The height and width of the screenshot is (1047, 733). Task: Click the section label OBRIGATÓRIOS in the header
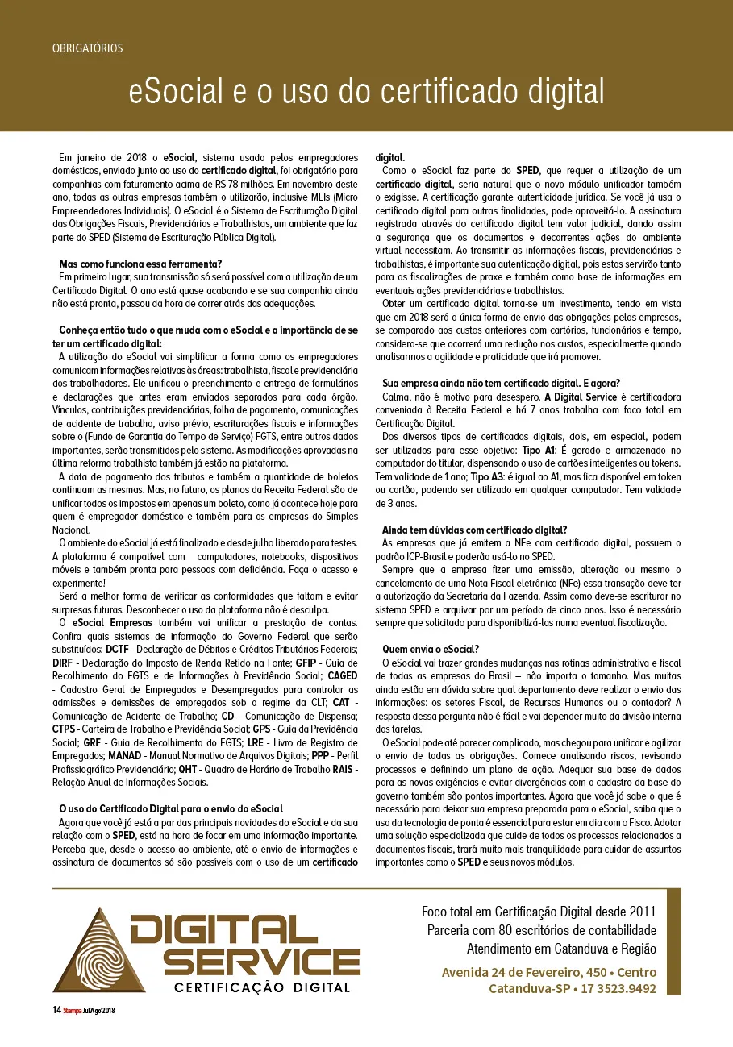tap(87, 48)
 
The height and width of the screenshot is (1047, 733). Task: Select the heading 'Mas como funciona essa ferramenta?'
tap(140, 264)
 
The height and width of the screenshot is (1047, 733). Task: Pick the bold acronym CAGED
tap(342, 675)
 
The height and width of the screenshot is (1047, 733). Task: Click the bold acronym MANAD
tap(124, 756)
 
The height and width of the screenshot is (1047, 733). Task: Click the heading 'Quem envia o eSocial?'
tap(431, 649)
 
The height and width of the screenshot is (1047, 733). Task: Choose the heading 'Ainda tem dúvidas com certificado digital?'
tap(475, 530)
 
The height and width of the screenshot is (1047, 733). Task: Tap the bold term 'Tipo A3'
tap(489, 477)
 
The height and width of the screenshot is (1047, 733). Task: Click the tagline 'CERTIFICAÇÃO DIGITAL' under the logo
tap(263, 987)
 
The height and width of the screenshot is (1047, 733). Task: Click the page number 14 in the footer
tap(56, 1009)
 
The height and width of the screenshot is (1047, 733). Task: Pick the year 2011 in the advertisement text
tap(640, 912)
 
